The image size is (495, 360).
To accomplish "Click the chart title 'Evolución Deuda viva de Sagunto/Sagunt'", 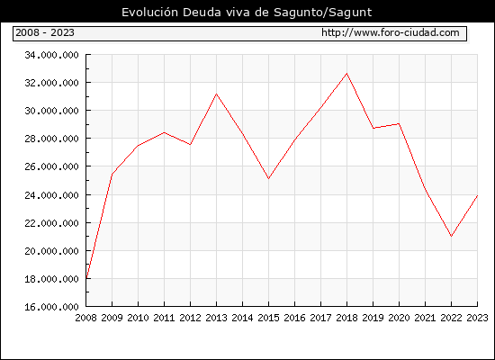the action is click(247, 13).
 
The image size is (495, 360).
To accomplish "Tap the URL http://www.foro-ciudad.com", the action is click(391, 32).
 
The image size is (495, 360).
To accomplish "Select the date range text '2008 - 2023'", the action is click(45, 32).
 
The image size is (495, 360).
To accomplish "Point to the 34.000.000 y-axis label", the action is click(51, 55).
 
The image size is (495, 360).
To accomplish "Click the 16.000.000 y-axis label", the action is click(51, 307).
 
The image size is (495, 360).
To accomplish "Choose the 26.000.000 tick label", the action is click(51, 166).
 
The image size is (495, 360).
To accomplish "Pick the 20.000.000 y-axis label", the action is click(51, 251).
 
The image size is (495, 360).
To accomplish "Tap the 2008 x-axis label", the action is click(85, 318).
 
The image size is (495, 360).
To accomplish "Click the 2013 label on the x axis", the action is click(216, 318).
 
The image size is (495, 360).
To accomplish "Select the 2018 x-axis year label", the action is click(346, 318).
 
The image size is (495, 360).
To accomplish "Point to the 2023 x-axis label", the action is click(477, 318).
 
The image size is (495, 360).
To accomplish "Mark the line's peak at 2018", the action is click(346, 74).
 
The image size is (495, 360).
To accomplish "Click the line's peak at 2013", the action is click(216, 94).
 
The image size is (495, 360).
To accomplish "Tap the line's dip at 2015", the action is click(269, 179).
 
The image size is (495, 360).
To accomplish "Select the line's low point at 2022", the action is click(452, 236).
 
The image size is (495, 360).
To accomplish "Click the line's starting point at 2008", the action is click(86, 278).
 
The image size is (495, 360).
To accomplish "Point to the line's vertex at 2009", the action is click(112, 174).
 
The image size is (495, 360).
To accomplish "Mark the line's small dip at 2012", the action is click(190, 145).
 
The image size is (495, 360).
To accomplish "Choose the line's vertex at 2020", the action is click(399, 124).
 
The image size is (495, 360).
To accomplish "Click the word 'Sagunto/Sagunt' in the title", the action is click(322, 13).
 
